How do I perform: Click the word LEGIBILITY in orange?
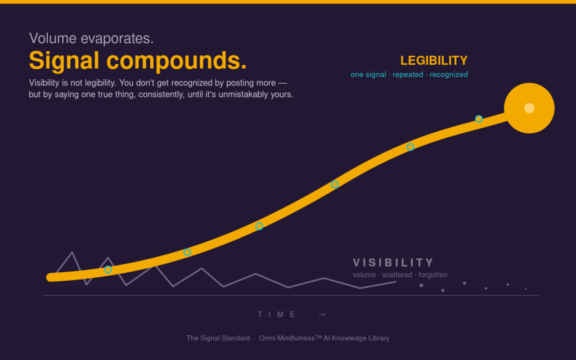pyautogui.click(x=434, y=60)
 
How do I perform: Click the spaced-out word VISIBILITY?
pyautogui.click(x=393, y=263)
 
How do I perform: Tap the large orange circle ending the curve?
pyautogui.click(x=529, y=108)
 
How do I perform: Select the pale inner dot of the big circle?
pyautogui.click(x=529, y=108)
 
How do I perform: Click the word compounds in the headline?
pyautogui.click(x=176, y=61)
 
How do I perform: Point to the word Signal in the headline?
pyautogui.click(x=64, y=61)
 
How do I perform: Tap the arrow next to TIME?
pyautogui.click(x=322, y=314)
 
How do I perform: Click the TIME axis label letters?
pyautogui.click(x=277, y=314)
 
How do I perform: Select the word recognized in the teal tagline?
pyautogui.click(x=448, y=75)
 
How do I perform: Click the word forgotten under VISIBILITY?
pyautogui.click(x=433, y=274)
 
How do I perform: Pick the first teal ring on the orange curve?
pyautogui.click(x=108, y=269)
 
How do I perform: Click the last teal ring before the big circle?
pyautogui.click(x=479, y=119)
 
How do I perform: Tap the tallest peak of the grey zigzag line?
pyautogui.click(x=72, y=253)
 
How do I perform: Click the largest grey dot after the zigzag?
pyautogui.click(x=421, y=285)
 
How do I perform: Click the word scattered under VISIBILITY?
pyautogui.click(x=397, y=274)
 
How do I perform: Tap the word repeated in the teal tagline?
pyautogui.click(x=408, y=75)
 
